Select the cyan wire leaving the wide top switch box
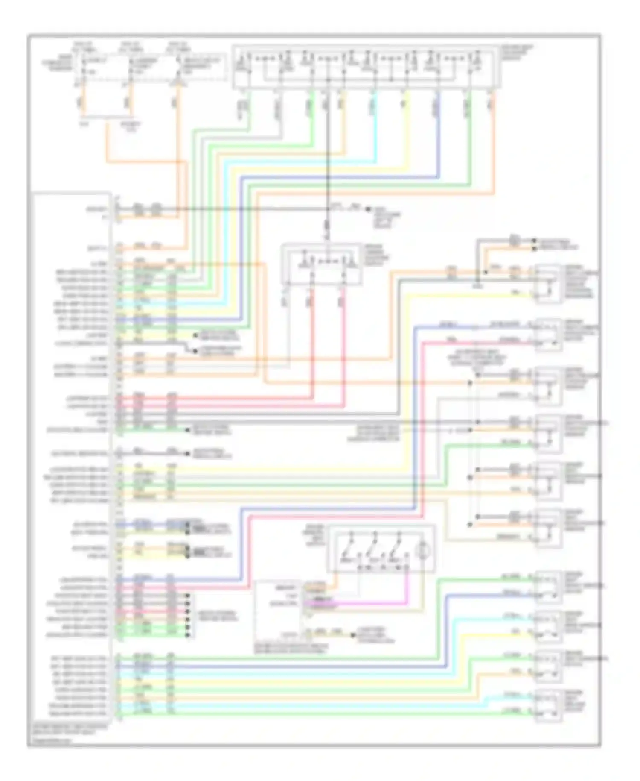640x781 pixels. [375, 128]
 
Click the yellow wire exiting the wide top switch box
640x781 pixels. [406, 128]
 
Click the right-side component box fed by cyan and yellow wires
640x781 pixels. [548, 626]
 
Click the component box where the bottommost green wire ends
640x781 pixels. [548, 705]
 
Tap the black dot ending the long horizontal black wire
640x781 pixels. [368, 209]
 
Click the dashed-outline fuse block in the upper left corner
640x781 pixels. [151, 67]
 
